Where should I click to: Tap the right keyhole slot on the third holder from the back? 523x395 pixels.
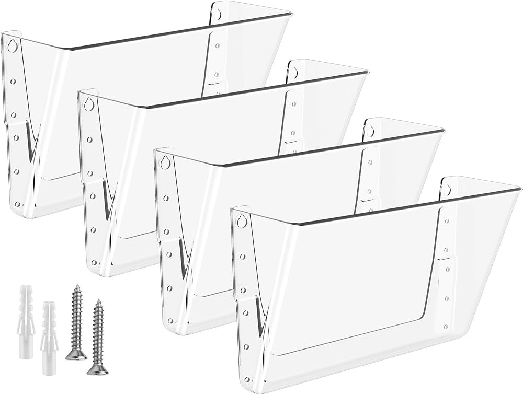pos(370,131)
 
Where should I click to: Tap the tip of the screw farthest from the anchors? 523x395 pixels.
pos(97,301)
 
